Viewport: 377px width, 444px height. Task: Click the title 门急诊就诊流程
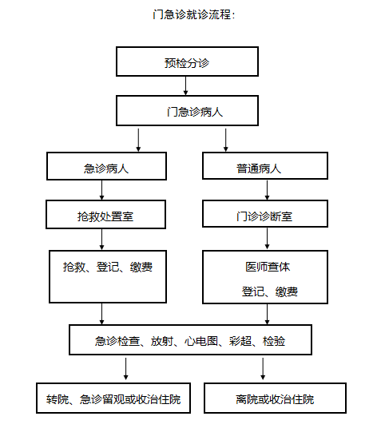(194, 14)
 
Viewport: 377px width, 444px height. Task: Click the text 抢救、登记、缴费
(108, 267)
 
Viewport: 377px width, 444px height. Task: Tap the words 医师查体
(268, 267)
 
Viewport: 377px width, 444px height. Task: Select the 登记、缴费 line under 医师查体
(270, 291)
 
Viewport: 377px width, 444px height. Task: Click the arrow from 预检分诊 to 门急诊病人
(186, 85)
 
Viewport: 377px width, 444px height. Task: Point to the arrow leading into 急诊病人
(138, 141)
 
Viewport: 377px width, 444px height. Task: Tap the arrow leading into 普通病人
(226, 141)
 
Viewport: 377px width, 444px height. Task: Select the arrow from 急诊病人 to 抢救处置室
(102, 190)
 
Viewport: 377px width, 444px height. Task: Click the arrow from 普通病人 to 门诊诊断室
(267, 190)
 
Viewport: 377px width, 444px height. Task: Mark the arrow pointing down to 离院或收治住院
(263, 369)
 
